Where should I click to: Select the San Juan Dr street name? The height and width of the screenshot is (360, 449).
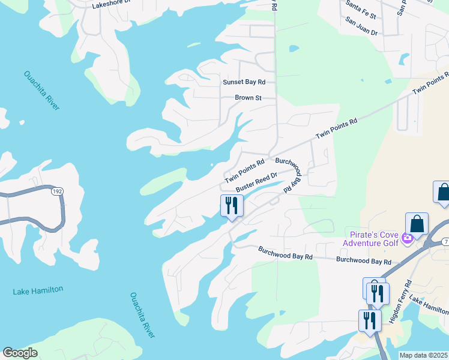click(361, 32)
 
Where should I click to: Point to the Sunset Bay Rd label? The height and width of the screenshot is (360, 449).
click(244, 82)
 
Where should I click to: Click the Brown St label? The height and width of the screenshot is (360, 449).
click(247, 97)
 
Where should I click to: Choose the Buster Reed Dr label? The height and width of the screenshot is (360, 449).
click(256, 182)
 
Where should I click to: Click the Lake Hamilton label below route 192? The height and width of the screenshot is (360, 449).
click(38, 290)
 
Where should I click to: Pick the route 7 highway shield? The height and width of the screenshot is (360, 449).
click(445, 241)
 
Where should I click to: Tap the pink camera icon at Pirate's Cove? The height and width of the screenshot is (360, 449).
click(408, 238)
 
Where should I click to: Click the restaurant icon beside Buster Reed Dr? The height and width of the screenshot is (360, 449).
click(231, 206)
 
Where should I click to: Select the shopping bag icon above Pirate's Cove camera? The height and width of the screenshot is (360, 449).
click(417, 224)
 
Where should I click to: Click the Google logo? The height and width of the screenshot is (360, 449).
click(20, 353)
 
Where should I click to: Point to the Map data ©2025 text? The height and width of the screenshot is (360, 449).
click(423, 355)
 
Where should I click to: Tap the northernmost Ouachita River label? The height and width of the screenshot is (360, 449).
click(42, 90)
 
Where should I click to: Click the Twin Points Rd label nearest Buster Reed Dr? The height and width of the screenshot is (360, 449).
click(245, 172)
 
